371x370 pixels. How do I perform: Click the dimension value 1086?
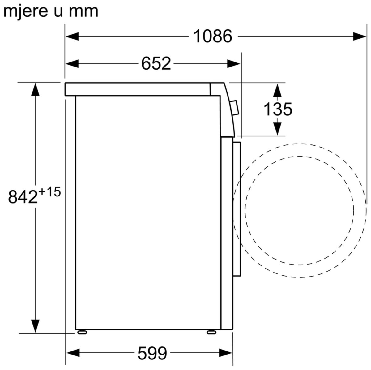tap(213, 36)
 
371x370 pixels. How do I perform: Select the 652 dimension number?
tap(156, 63)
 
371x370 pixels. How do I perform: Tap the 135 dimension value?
tap(278, 109)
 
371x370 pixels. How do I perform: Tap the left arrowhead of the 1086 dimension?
tap(72, 37)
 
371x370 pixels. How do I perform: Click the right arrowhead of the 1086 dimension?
tap(360, 37)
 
